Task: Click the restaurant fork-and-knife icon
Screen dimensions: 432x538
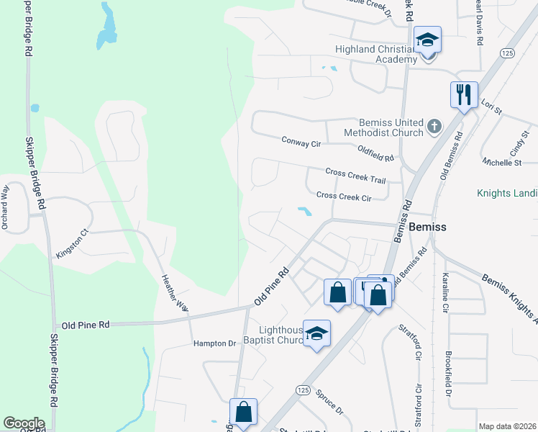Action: [x=464, y=94]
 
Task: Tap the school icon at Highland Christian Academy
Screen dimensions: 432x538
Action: [x=427, y=40]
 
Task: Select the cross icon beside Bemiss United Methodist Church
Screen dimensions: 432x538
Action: [x=434, y=127]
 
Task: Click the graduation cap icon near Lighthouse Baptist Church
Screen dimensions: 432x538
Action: [x=316, y=333]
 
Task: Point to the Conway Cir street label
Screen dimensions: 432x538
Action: [x=301, y=143]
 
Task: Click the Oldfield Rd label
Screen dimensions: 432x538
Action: [x=376, y=153]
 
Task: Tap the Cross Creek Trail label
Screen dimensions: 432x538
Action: [x=356, y=175]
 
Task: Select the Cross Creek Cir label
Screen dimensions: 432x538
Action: [x=344, y=197]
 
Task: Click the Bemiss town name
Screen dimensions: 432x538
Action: [x=427, y=227]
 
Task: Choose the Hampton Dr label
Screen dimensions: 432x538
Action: [x=215, y=344]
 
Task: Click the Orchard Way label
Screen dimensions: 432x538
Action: [x=5, y=207]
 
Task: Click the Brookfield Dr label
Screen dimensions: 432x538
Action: [x=448, y=374]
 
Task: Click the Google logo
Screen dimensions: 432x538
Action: [x=24, y=423]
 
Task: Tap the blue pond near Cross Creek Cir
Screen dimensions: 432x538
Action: [x=305, y=212]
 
